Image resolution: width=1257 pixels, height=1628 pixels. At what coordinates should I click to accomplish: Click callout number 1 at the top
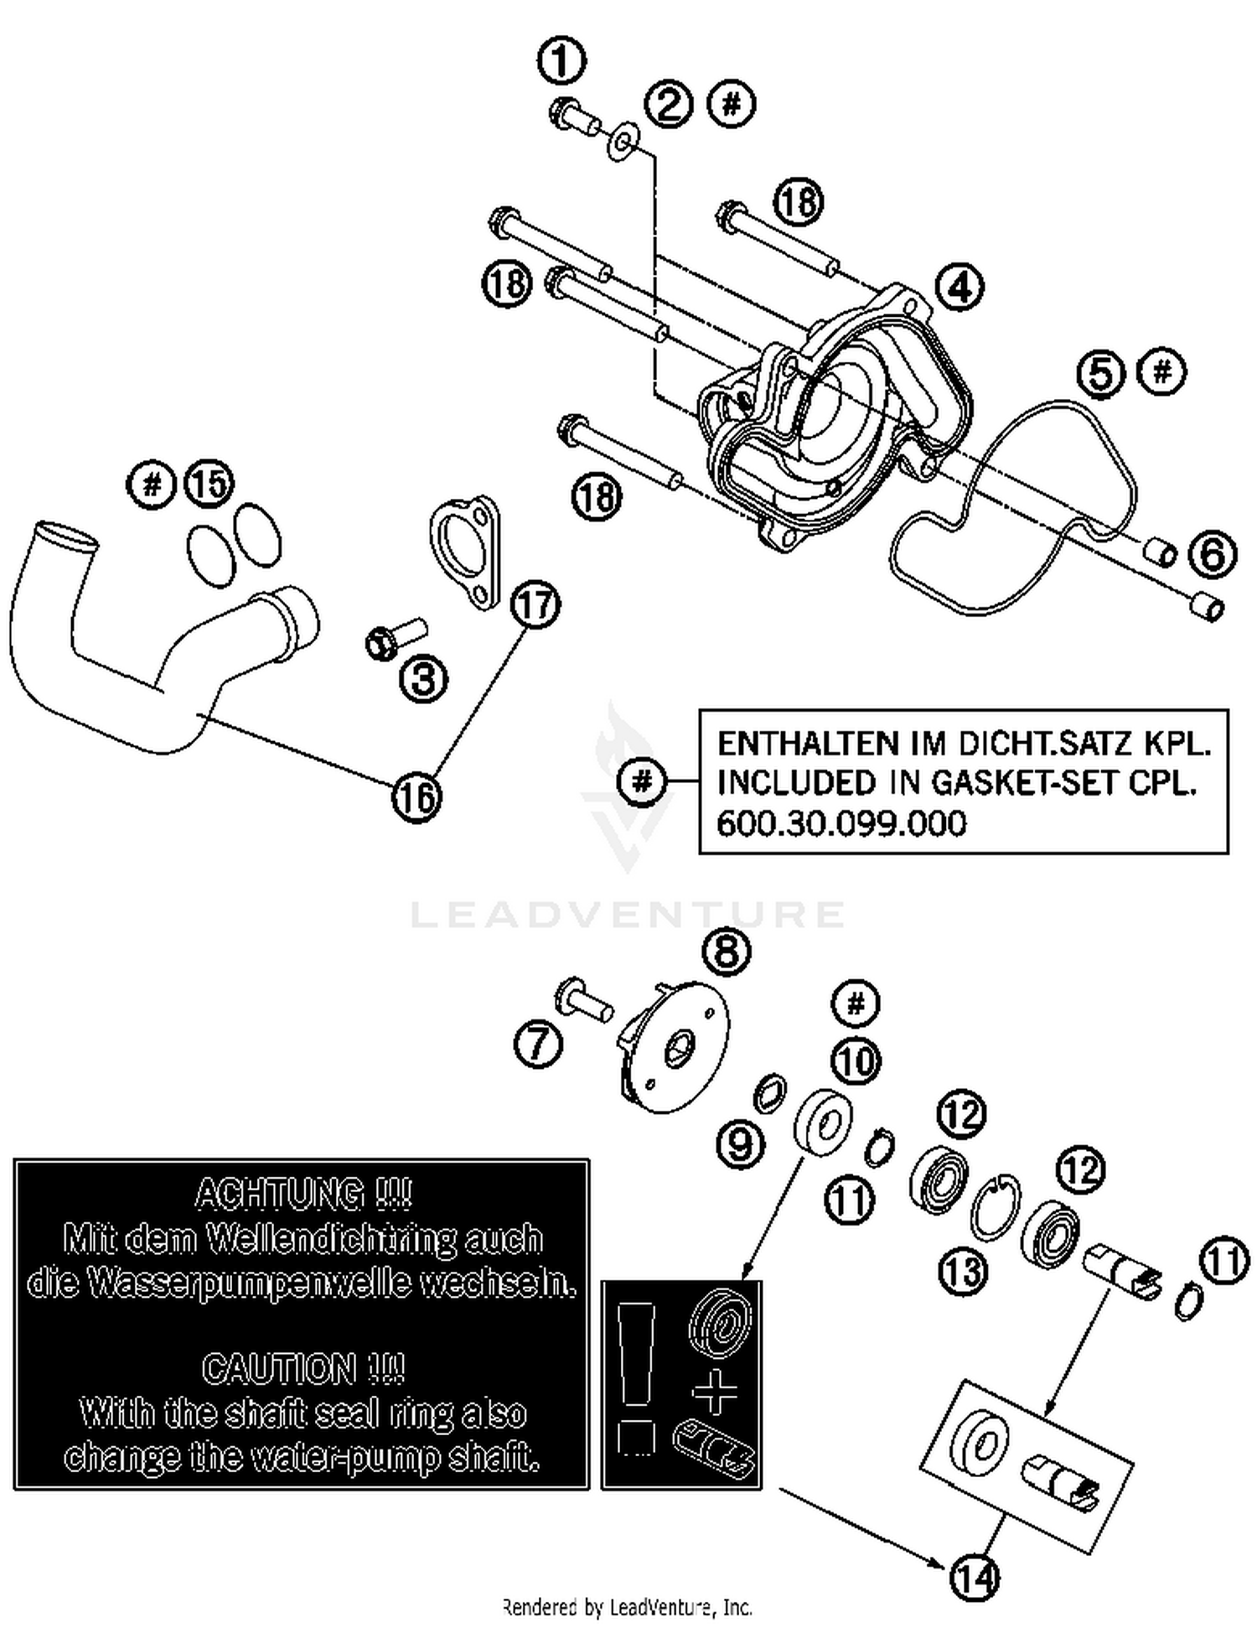pos(561,61)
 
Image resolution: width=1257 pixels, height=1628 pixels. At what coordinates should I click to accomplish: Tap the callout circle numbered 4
pos(960,287)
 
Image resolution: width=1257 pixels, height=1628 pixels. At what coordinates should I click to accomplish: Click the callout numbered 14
pos(975,1579)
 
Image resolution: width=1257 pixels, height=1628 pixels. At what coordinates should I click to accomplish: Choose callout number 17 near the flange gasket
pos(536,604)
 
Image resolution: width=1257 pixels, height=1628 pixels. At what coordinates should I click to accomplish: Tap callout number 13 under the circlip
pos(964,1272)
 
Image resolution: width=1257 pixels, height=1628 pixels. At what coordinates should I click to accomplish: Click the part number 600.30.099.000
pos(841,823)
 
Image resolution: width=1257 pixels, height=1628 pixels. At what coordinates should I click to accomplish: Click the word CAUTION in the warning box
pos(281,1369)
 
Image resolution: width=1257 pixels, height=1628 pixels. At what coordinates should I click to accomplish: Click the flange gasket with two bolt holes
pos(465,553)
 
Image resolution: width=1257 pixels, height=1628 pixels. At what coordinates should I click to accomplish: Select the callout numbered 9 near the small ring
pos(740,1143)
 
